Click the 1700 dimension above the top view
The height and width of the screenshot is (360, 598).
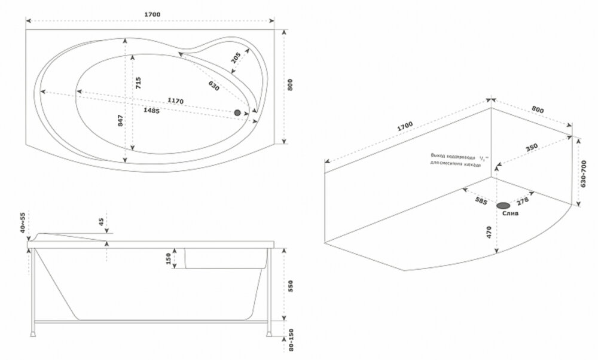pyautogui.click(x=152, y=14)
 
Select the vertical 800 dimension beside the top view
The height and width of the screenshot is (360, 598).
pyautogui.click(x=291, y=86)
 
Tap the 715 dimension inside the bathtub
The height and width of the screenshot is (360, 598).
pyautogui.click(x=138, y=83)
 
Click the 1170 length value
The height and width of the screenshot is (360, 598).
pyautogui.click(x=175, y=100)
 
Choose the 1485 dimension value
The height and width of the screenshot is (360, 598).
pyautogui.click(x=151, y=111)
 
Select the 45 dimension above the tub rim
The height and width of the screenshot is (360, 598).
pyautogui.click(x=101, y=222)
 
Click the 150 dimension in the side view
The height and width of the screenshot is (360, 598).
pyautogui.click(x=169, y=258)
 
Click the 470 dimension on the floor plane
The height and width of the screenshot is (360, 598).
pyautogui.click(x=489, y=232)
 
